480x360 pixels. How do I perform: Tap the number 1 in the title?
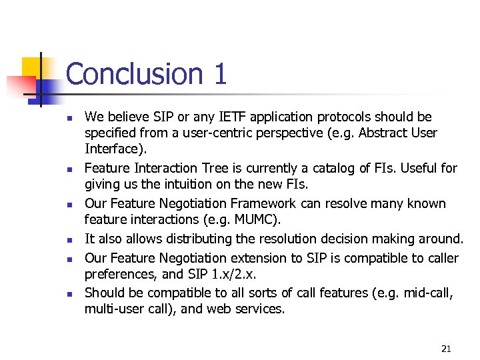click(x=220, y=74)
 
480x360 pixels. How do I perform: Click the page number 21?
click(x=446, y=349)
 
